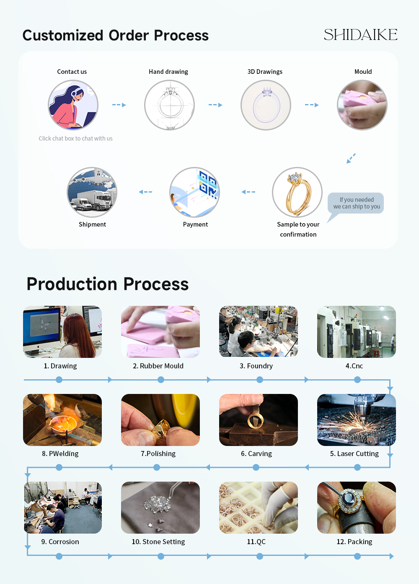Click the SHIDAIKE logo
click(x=360, y=34)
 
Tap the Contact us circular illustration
click(x=73, y=105)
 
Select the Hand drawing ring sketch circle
click(x=169, y=105)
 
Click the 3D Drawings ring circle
click(x=266, y=105)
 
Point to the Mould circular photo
click(x=362, y=105)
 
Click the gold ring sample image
click(x=297, y=192)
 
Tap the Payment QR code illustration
click(x=194, y=192)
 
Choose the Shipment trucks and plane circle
click(x=92, y=192)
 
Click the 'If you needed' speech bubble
click(x=356, y=203)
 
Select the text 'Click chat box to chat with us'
click(x=75, y=138)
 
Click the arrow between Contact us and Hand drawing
click(x=119, y=105)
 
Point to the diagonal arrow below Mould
click(x=351, y=158)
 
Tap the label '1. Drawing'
click(x=60, y=366)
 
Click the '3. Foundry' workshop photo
click(x=259, y=331)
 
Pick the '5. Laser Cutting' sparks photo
click(x=357, y=420)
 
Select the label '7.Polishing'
click(x=158, y=454)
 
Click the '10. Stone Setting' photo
click(x=160, y=507)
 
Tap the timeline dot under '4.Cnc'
click(x=357, y=380)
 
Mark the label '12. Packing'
click(x=354, y=542)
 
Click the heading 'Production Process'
click(x=108, y=284)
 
